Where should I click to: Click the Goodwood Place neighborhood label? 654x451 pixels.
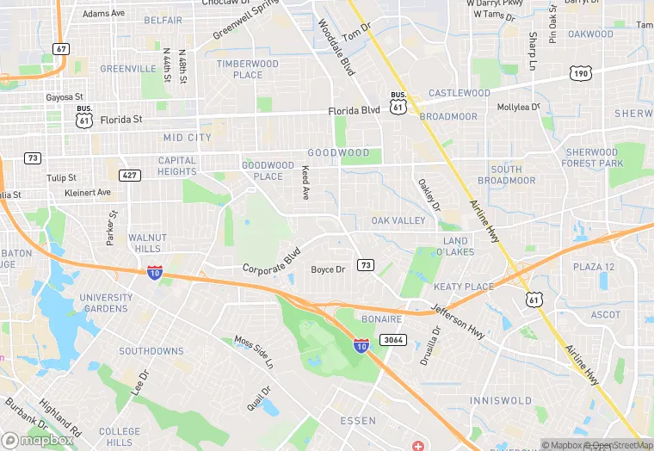pyautogui.click(x=268, y=170)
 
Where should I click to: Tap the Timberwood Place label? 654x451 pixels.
pyautogui.click(x=248, y=69)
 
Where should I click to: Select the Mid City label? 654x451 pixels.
pyautogui.click(x=187, y=138)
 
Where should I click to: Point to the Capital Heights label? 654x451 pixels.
pyautogui.click(x=177, y=166)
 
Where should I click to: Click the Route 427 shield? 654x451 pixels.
pyautogui.click(x=130, y=175)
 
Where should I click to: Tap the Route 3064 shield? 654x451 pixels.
pyautogui.click(x=392, y=340)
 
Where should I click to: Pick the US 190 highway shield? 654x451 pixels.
pyautogui.click(x=579, y=74)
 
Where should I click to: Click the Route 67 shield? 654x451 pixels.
pyautogui.click(x=60, y=49)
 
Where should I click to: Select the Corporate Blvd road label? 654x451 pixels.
pyautogui.click(x=271, y=262)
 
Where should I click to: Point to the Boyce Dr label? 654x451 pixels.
pyautogui.click(x=328, y=269)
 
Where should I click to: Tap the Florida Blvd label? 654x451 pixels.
pyautogui.click(x=354, y=111)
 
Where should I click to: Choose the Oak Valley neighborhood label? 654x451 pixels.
pyautogui.click(x=398, y=221)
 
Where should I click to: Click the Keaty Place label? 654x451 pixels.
pyautogui.click(x=464, y=287)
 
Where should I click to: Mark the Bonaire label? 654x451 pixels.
pyautogui.click(x=381, y=319)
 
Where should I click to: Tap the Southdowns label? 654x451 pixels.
pyautogui.click(x=151, y=351)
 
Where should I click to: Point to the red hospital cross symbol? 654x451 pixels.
pyautogui.click(x=418, y=446)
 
